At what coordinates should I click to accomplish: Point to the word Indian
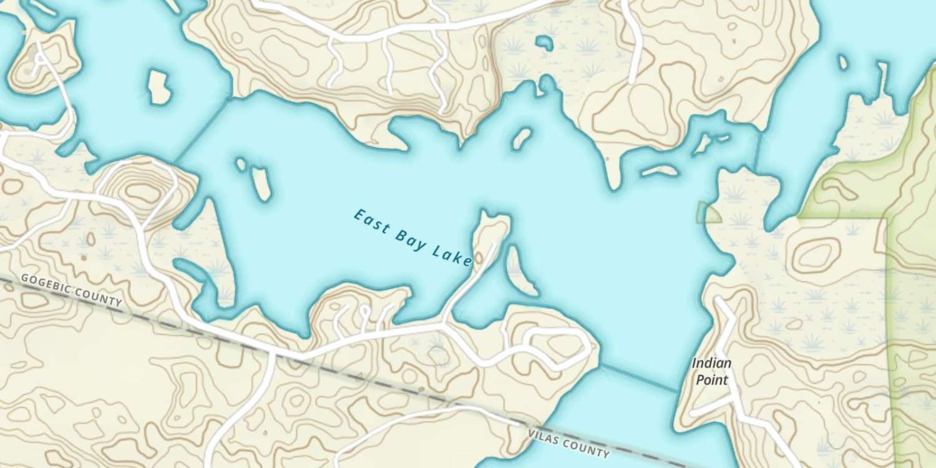pyautogui.click(x=711, y=363)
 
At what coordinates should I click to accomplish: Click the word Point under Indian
pyautogui.click(x=711, y=379)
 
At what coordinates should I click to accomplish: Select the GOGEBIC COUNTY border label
pyautogui.click(x=72, y=290)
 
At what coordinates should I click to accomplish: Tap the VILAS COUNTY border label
pyautogui.click(x=568, y=442)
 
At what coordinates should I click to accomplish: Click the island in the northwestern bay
pyautogui.click(x=158, y=86)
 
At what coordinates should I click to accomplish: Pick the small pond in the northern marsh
pyautogui.click(x=545, y=42)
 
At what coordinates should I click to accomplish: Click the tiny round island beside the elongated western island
pyautogui.click(x=241, y=164)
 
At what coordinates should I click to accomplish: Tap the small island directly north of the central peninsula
pyautogui.click(x=521, y=139)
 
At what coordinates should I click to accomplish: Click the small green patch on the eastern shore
pyautogui.click(x=708, y=213)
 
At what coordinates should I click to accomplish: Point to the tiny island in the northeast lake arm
pyautogui.click(x=843, y=62)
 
